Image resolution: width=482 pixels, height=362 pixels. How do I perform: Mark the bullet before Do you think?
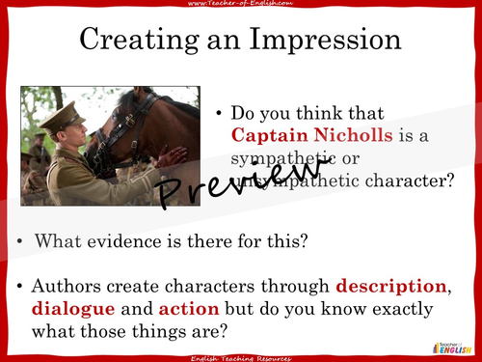tap(222, 113)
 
